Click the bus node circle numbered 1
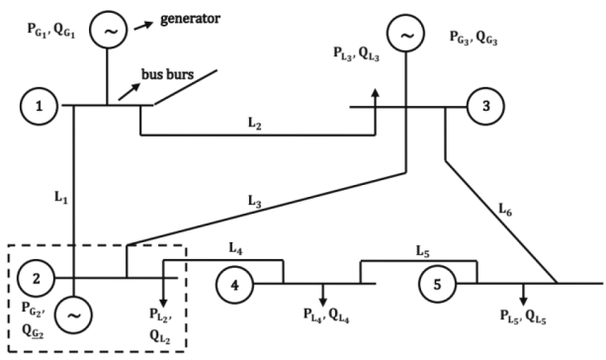pyautogui.click(x=37, y=106)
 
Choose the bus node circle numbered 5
pyautogui.click(x=436, y=284)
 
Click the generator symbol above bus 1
pyautogui.click(x=108, y=32)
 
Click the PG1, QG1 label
pyautogui.click(x=43, y=28)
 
